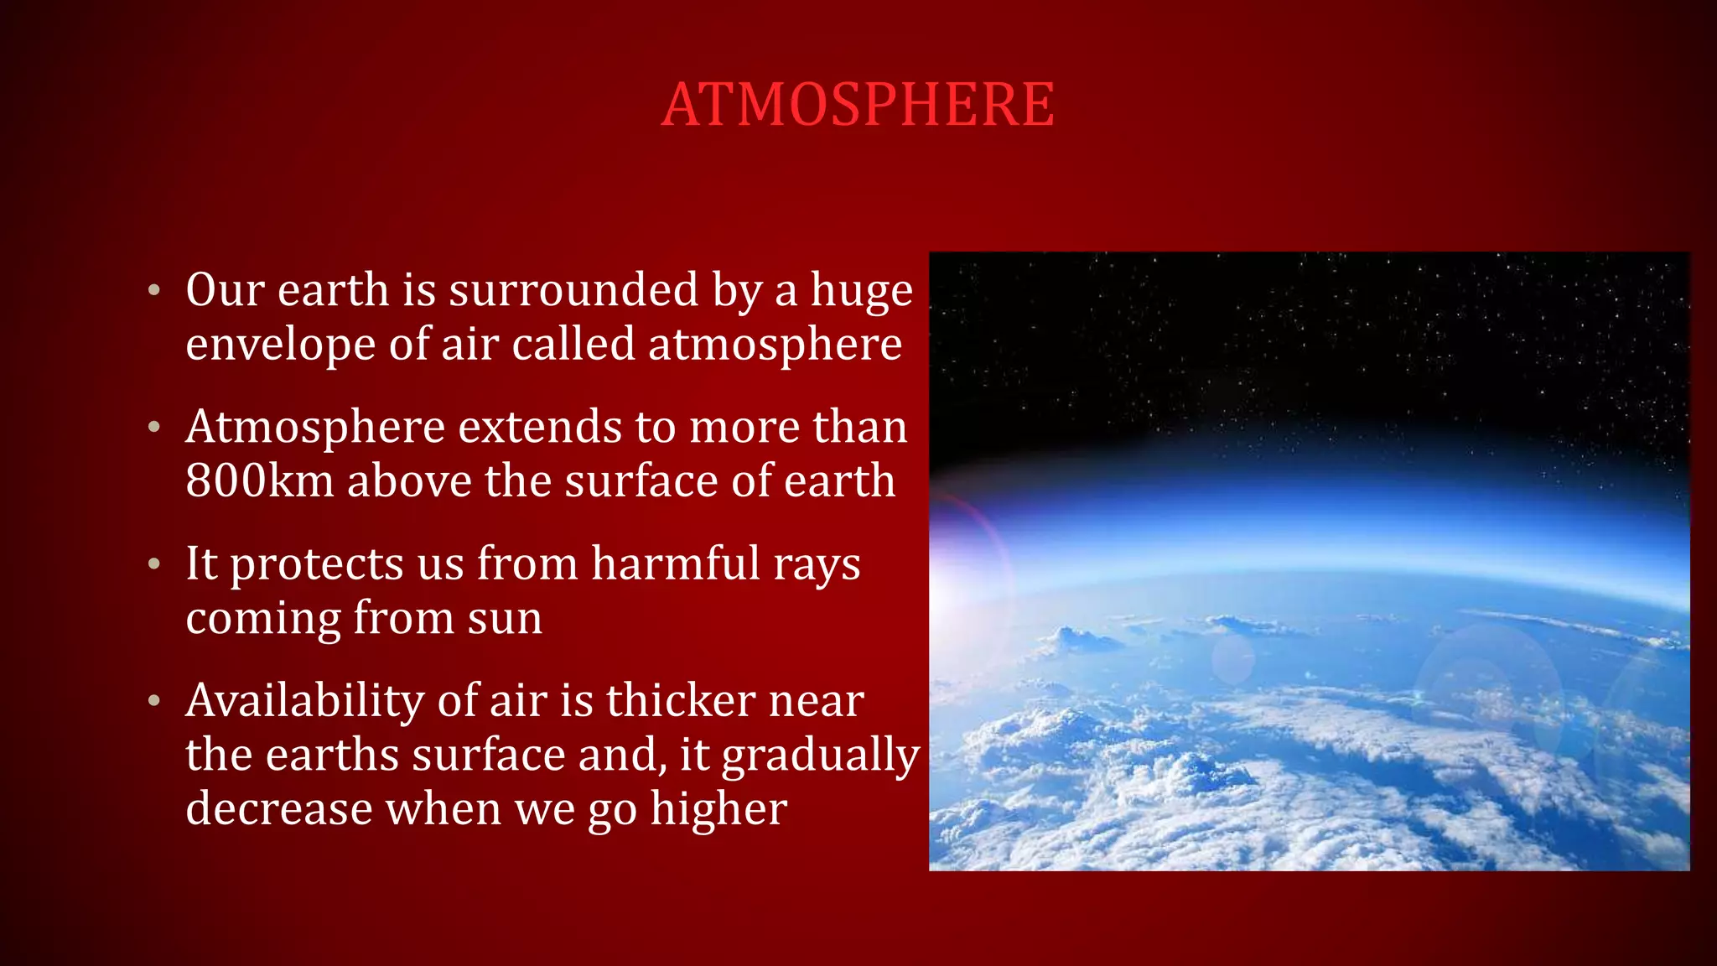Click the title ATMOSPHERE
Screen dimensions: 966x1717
[x=858, y=105]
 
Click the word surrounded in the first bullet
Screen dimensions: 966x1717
[x=573, y=290]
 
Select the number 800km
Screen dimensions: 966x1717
[x=259, y=481]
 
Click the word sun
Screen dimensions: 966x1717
[x=505, y=619]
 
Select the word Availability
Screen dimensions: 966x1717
[x=304, y=701]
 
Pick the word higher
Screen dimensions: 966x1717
[x=718, y=810]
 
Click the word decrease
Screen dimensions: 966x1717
[x=278, y=810]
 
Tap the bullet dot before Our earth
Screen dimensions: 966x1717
[x=153, y=291]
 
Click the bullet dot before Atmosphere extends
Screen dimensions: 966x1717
[x=153, y=428]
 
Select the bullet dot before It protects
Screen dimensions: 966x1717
[x=153, y=564]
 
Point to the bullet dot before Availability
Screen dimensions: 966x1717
[x=153, y=701]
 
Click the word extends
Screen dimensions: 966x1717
[x=539, y=428]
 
